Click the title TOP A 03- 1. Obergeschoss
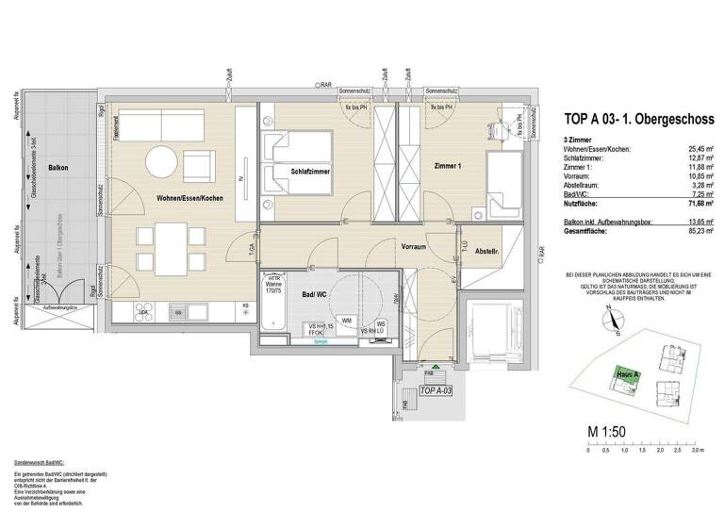pos(638,119)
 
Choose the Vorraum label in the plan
pos(414,245)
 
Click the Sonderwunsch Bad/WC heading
pos(37,466)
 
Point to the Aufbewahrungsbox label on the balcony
pos(59,309)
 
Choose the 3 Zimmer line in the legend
pos(579,140)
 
